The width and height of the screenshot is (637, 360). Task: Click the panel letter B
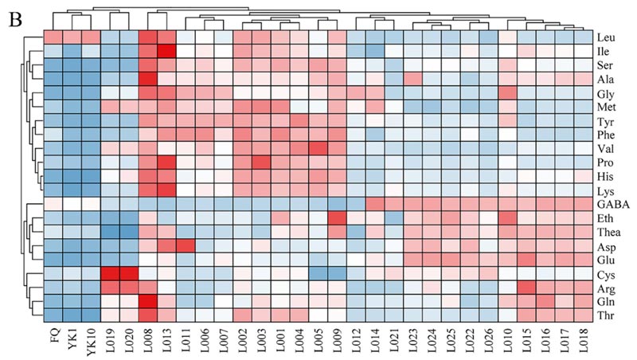(14, 18)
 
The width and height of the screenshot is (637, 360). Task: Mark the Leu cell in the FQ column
(53, 37)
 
